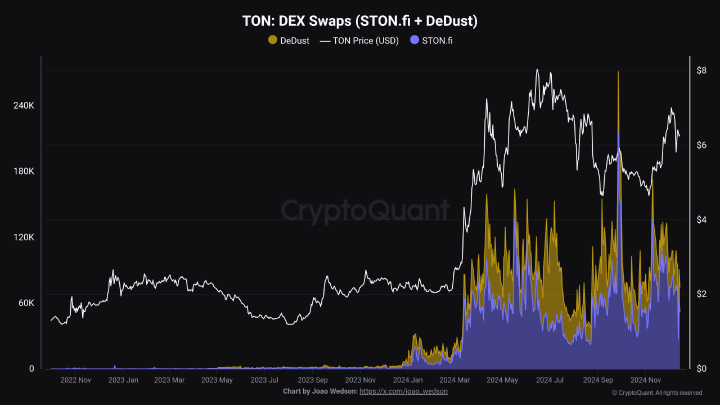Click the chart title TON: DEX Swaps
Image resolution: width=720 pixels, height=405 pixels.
(x=359, y=21)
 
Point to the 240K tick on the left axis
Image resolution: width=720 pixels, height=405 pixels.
(x=24, y=106)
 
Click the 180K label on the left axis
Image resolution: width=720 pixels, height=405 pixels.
(x=24, y=172)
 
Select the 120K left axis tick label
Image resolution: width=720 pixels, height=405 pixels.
(x=24, y=237)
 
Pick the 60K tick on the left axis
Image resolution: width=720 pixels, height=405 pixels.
(x=26, y=303)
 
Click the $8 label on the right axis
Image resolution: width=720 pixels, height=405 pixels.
(x=701, y=71)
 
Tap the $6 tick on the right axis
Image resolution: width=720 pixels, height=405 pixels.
(x=701, y=145)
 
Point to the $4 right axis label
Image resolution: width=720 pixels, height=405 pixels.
(x=701, y=219)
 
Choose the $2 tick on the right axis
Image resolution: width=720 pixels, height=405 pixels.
(x=701, y=294)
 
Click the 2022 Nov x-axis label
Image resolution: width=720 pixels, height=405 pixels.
(x=75, y=380)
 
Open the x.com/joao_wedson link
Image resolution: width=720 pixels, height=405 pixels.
(x=403, y=391)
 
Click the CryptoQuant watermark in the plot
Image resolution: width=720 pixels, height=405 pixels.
(x=365, y=210)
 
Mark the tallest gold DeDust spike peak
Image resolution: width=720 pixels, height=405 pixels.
(x=618, y=73)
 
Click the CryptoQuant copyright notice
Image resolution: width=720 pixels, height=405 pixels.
(x=656, y=393)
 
